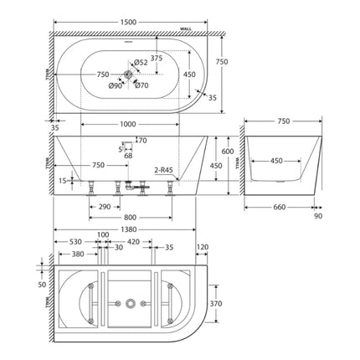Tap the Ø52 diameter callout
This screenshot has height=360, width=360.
(x=141, y=62)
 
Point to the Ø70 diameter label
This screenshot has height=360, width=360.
(x=141, y=85)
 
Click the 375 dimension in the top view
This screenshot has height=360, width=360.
(x=157, y=58)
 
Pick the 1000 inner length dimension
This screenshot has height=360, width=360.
(x=128, y=125)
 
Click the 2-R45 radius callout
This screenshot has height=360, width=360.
(x=163, y=170)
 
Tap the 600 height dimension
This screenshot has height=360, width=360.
(x=226, y=151)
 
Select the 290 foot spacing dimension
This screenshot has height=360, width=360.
(x=104, y=205)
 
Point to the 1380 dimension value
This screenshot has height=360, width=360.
(x=126, y=229)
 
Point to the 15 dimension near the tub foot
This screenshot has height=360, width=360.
(x=63, y=180)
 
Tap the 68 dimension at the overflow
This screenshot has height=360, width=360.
(x=128, y=156)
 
